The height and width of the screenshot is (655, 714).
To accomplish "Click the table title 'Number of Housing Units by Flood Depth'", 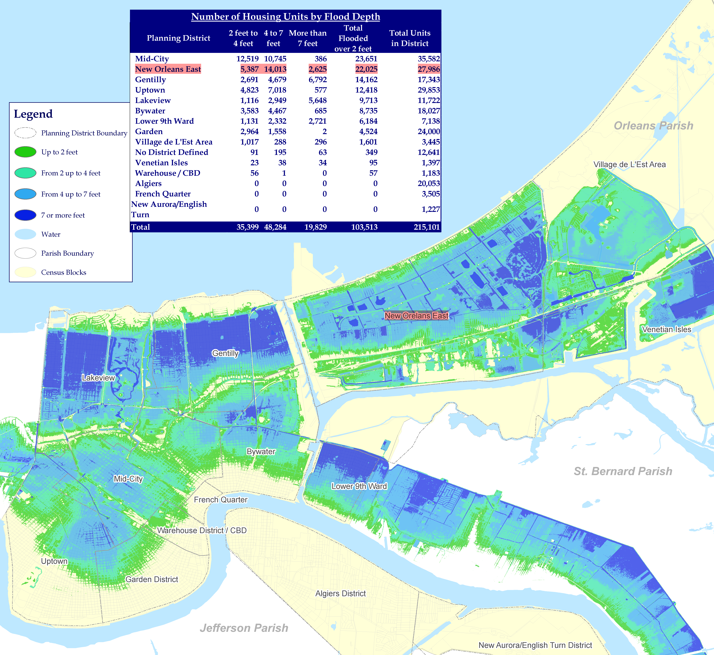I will coord(285,17).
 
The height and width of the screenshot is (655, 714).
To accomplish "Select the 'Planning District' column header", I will coord(178,38).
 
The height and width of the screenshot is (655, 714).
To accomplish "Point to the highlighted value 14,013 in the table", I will coord(275,69).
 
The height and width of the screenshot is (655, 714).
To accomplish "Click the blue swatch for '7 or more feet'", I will coord(25,215).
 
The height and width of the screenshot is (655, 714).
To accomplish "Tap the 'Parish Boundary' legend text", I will coord(67,253).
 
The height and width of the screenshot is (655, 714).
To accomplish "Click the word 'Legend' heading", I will coord(33,114).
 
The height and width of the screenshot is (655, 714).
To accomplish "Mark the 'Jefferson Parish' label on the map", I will coord(244,628).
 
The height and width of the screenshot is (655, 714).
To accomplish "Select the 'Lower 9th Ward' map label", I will coord(359,486).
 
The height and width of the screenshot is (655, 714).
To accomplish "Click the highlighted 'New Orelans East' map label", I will coord(416,315).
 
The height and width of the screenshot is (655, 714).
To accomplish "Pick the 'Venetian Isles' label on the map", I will coord(666,329).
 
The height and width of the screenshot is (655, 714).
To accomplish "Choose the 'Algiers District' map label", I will coord(340,593).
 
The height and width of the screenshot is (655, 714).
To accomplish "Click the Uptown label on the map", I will coord(54,561).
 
